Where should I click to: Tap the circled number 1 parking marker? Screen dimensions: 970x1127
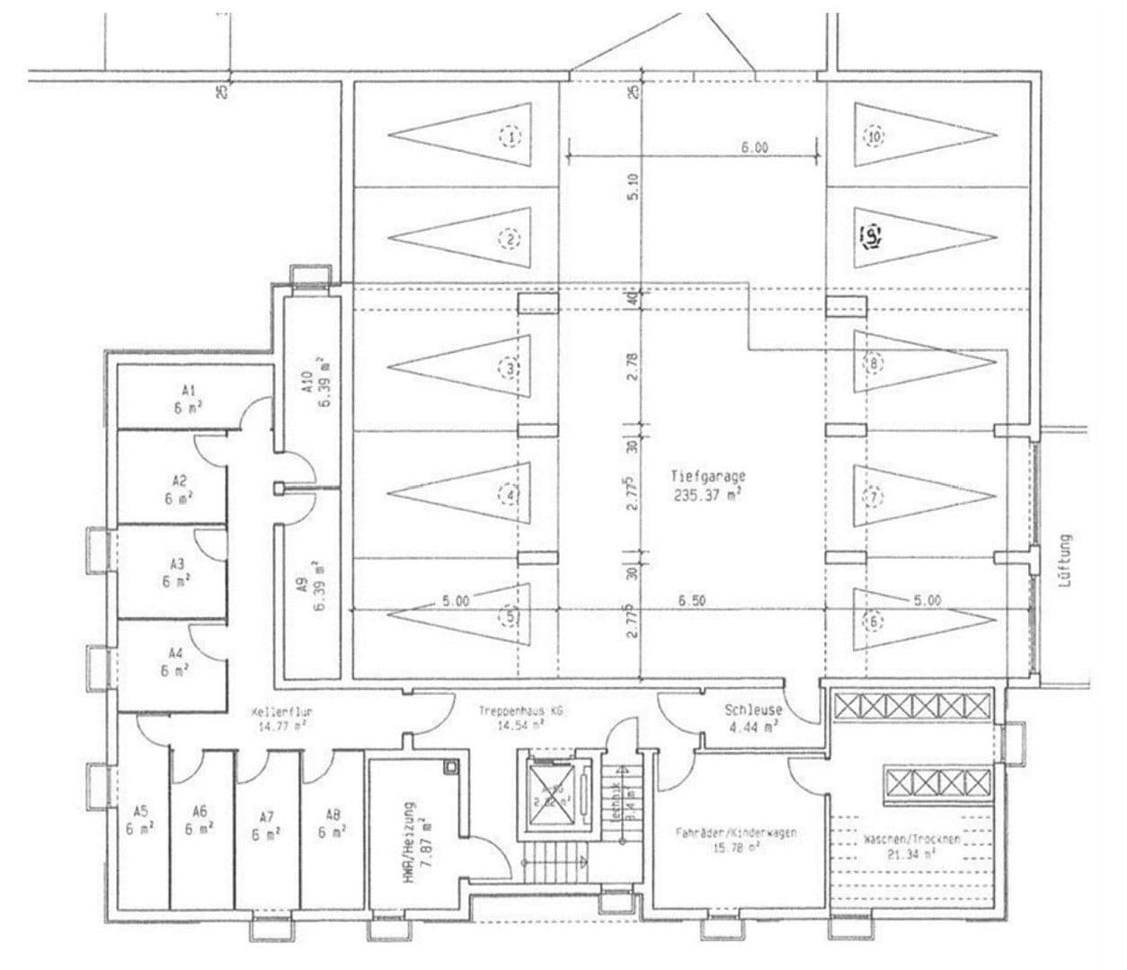point(510,137)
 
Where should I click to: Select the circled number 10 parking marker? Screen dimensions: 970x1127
point(874,137)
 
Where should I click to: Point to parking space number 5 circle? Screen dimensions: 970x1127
point(510,618)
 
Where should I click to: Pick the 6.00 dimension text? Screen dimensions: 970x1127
point(754,148)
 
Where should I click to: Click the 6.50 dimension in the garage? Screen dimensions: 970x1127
point(691,601)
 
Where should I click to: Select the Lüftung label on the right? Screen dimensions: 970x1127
point(1067,561)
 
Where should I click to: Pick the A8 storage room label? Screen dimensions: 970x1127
point(333,824)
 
